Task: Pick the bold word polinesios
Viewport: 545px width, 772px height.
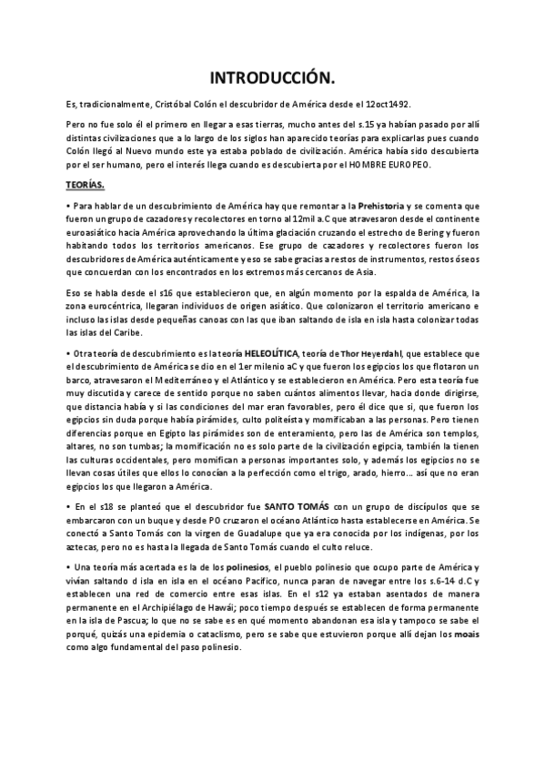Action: [x=252, y=567]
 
